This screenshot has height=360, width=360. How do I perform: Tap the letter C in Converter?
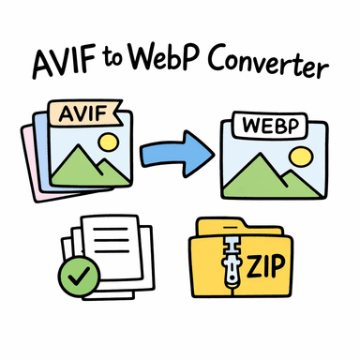pyautogui.click(x=220, y=67)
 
